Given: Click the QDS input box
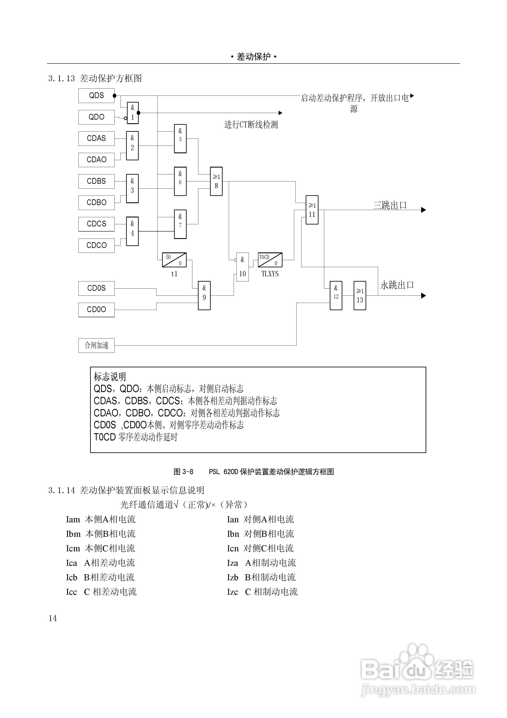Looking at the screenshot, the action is point(96,95).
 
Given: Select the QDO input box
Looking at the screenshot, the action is point(96,117).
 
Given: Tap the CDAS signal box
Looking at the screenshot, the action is point(96,138).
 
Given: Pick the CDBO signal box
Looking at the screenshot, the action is point(96,202).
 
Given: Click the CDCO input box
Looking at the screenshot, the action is point(96,245).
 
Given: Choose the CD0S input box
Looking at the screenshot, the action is point(96,288).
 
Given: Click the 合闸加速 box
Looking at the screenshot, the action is point(96,345).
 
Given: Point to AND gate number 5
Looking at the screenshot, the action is point(180,139).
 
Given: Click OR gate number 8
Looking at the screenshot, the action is point(216,181).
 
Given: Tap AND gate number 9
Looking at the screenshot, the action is point(204,295).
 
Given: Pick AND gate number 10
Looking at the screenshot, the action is point(243,267).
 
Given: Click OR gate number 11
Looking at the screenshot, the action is point(312,210).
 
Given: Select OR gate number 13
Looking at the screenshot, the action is point(360,295).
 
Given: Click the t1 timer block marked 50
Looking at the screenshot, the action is point(174,260).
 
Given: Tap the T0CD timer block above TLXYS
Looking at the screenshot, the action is point(270,260).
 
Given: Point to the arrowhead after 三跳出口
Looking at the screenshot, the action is point(423,210).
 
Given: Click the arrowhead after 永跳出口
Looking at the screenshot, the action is point(423,295).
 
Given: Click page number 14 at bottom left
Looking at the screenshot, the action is point(53,618).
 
